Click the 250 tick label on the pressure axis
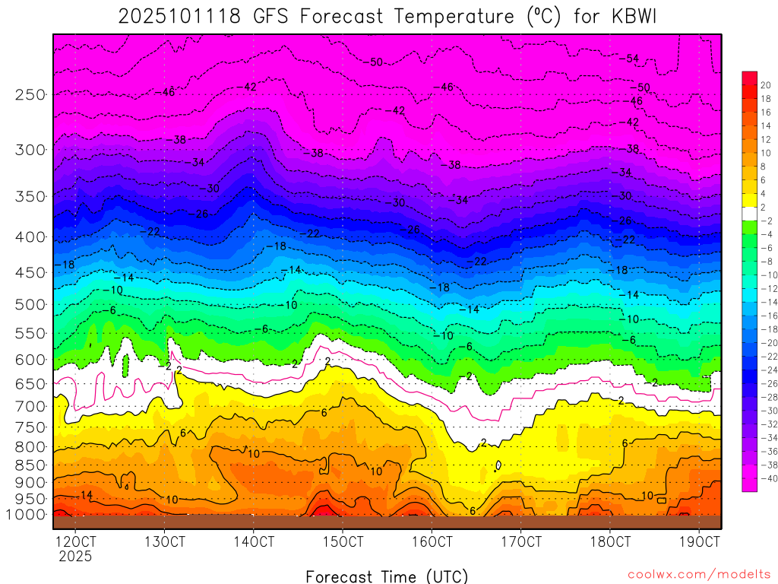(x=30, y=94)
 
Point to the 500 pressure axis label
(x=30, y=304)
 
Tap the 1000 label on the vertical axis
(x=27, y=514)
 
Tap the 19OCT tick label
(x=699, y=542)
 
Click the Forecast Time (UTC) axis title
(x=387, y=576)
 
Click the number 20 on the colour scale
(x=766, y=85)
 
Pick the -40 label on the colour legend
(x=766, y=478)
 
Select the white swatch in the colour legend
(x=749, y=213)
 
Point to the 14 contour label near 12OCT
(x=87, y=495)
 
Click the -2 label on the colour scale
(x=766, y=220)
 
